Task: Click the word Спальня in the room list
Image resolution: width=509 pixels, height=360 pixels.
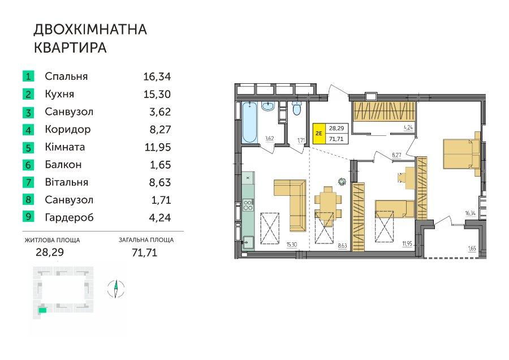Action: (x=66, y=76)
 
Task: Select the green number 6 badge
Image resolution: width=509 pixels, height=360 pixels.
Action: (x=28, y=165)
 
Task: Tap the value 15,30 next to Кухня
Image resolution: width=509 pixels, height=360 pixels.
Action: (x=157, y=94)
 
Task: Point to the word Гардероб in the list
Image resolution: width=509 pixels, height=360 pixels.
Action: (x=69, y=217)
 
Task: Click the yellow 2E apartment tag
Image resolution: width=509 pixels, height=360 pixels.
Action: (x=319, y=133)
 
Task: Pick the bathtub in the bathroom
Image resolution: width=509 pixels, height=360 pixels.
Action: (x=249, y=122)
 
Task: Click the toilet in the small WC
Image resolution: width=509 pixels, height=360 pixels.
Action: (x=297, y=108)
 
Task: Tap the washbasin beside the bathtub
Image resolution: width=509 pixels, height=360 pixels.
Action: (x=268, y=106)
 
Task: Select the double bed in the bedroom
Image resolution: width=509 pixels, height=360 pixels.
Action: (x=461, y=154)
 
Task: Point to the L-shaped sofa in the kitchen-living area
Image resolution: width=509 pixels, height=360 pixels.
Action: (x=290, y=205)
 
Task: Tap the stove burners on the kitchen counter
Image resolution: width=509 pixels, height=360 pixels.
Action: (x=248, y=205)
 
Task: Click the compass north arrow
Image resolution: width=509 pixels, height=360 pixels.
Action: (x=116, y=289)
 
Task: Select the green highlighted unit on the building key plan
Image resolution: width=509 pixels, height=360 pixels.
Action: (x=42, y=310)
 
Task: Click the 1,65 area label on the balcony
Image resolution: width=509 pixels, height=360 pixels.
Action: (x=472, y=248)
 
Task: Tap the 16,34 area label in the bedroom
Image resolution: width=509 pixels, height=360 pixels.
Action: (x=470, y=213)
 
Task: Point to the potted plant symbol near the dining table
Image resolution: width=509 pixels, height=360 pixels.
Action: (x=342, y=182)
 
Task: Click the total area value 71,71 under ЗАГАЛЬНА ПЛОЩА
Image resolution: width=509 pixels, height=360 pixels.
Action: (x=144, y=252)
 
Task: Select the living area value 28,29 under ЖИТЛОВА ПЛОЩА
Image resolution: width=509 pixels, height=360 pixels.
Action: (x=50, y=252)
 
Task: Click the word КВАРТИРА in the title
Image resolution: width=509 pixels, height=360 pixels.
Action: (x=70, y=48)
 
